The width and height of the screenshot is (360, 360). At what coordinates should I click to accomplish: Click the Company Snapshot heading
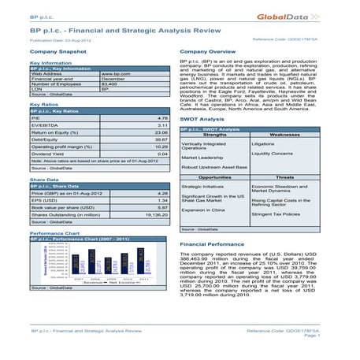[x=56, y=50]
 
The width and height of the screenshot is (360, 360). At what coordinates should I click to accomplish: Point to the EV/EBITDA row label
[x=44, y=124]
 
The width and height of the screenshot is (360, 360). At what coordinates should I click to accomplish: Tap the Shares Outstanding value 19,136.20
[x=158, y=213]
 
